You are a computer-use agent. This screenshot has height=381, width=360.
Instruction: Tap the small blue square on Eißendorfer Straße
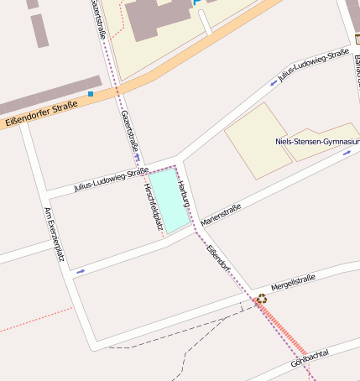coord(91,94)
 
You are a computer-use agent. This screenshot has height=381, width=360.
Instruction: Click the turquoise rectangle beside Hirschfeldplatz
coord(165,201)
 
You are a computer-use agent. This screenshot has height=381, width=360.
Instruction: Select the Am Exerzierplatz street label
coord(54,234)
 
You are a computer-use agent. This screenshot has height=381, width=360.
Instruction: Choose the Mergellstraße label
coord(293,281)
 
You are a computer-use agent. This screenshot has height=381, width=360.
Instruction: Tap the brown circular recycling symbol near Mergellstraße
coord(262,298)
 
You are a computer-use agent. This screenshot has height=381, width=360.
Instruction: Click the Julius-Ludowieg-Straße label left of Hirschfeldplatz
coord(105,180)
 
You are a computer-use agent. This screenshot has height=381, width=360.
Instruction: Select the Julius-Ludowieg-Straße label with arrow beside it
coord(312,66)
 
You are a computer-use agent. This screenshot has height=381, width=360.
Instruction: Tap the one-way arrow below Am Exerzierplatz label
coord(81,271)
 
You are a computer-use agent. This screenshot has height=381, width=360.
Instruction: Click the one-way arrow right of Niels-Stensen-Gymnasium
coord(347,154)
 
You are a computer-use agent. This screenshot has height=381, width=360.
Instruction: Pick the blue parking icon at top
coord(198,3)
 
